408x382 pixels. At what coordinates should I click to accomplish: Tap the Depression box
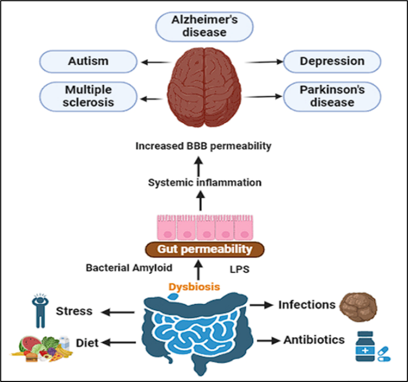coord(332,61)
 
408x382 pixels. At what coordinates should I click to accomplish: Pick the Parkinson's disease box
coord(332,95)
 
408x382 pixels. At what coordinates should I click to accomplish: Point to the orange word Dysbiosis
coord(191,288)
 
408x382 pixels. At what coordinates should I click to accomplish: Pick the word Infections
coord(306,305)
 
